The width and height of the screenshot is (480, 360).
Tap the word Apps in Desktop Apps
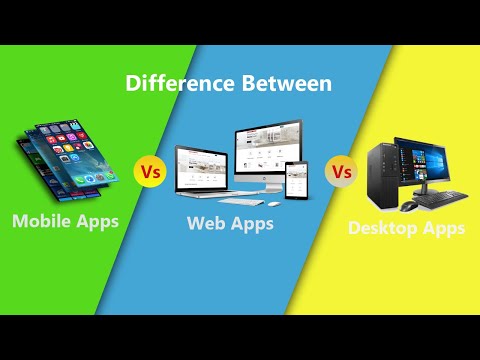(x=443, y=228)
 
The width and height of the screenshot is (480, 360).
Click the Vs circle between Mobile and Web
(x=149, y=172)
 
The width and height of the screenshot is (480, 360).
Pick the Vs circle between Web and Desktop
(x=342, y=172)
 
